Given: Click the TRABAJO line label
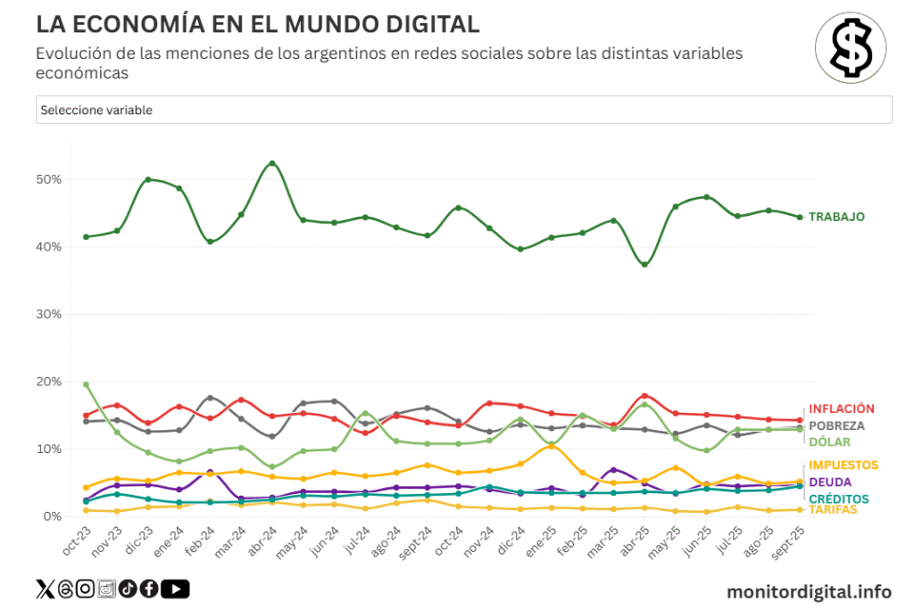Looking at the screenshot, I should (x=836, y=217).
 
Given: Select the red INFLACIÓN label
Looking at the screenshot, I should (x=842, y=408).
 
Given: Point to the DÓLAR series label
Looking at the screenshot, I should (x=829, y=442).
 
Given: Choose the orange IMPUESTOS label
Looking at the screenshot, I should (x=843, y=465).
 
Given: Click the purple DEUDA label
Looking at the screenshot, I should (x=829, y=482).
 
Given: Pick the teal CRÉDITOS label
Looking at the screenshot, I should (x=838, y=499).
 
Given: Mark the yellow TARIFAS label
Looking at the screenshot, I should (x=833, y=510).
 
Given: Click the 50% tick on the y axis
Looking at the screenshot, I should (x=50, y=179).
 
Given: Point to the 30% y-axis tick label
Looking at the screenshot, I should (x=50, y=314).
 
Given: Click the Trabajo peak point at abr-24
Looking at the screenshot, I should (x=272, y=163).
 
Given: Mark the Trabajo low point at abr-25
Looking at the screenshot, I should (x=644, y=264).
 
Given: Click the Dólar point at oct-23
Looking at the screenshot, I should (x=86, y=384).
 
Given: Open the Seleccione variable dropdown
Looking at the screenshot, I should (x=464, y=110).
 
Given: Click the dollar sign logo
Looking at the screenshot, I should (x=851, y=48).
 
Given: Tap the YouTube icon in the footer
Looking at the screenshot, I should (x=176, y=589).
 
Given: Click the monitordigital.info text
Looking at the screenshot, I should (x=809, y=591).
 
